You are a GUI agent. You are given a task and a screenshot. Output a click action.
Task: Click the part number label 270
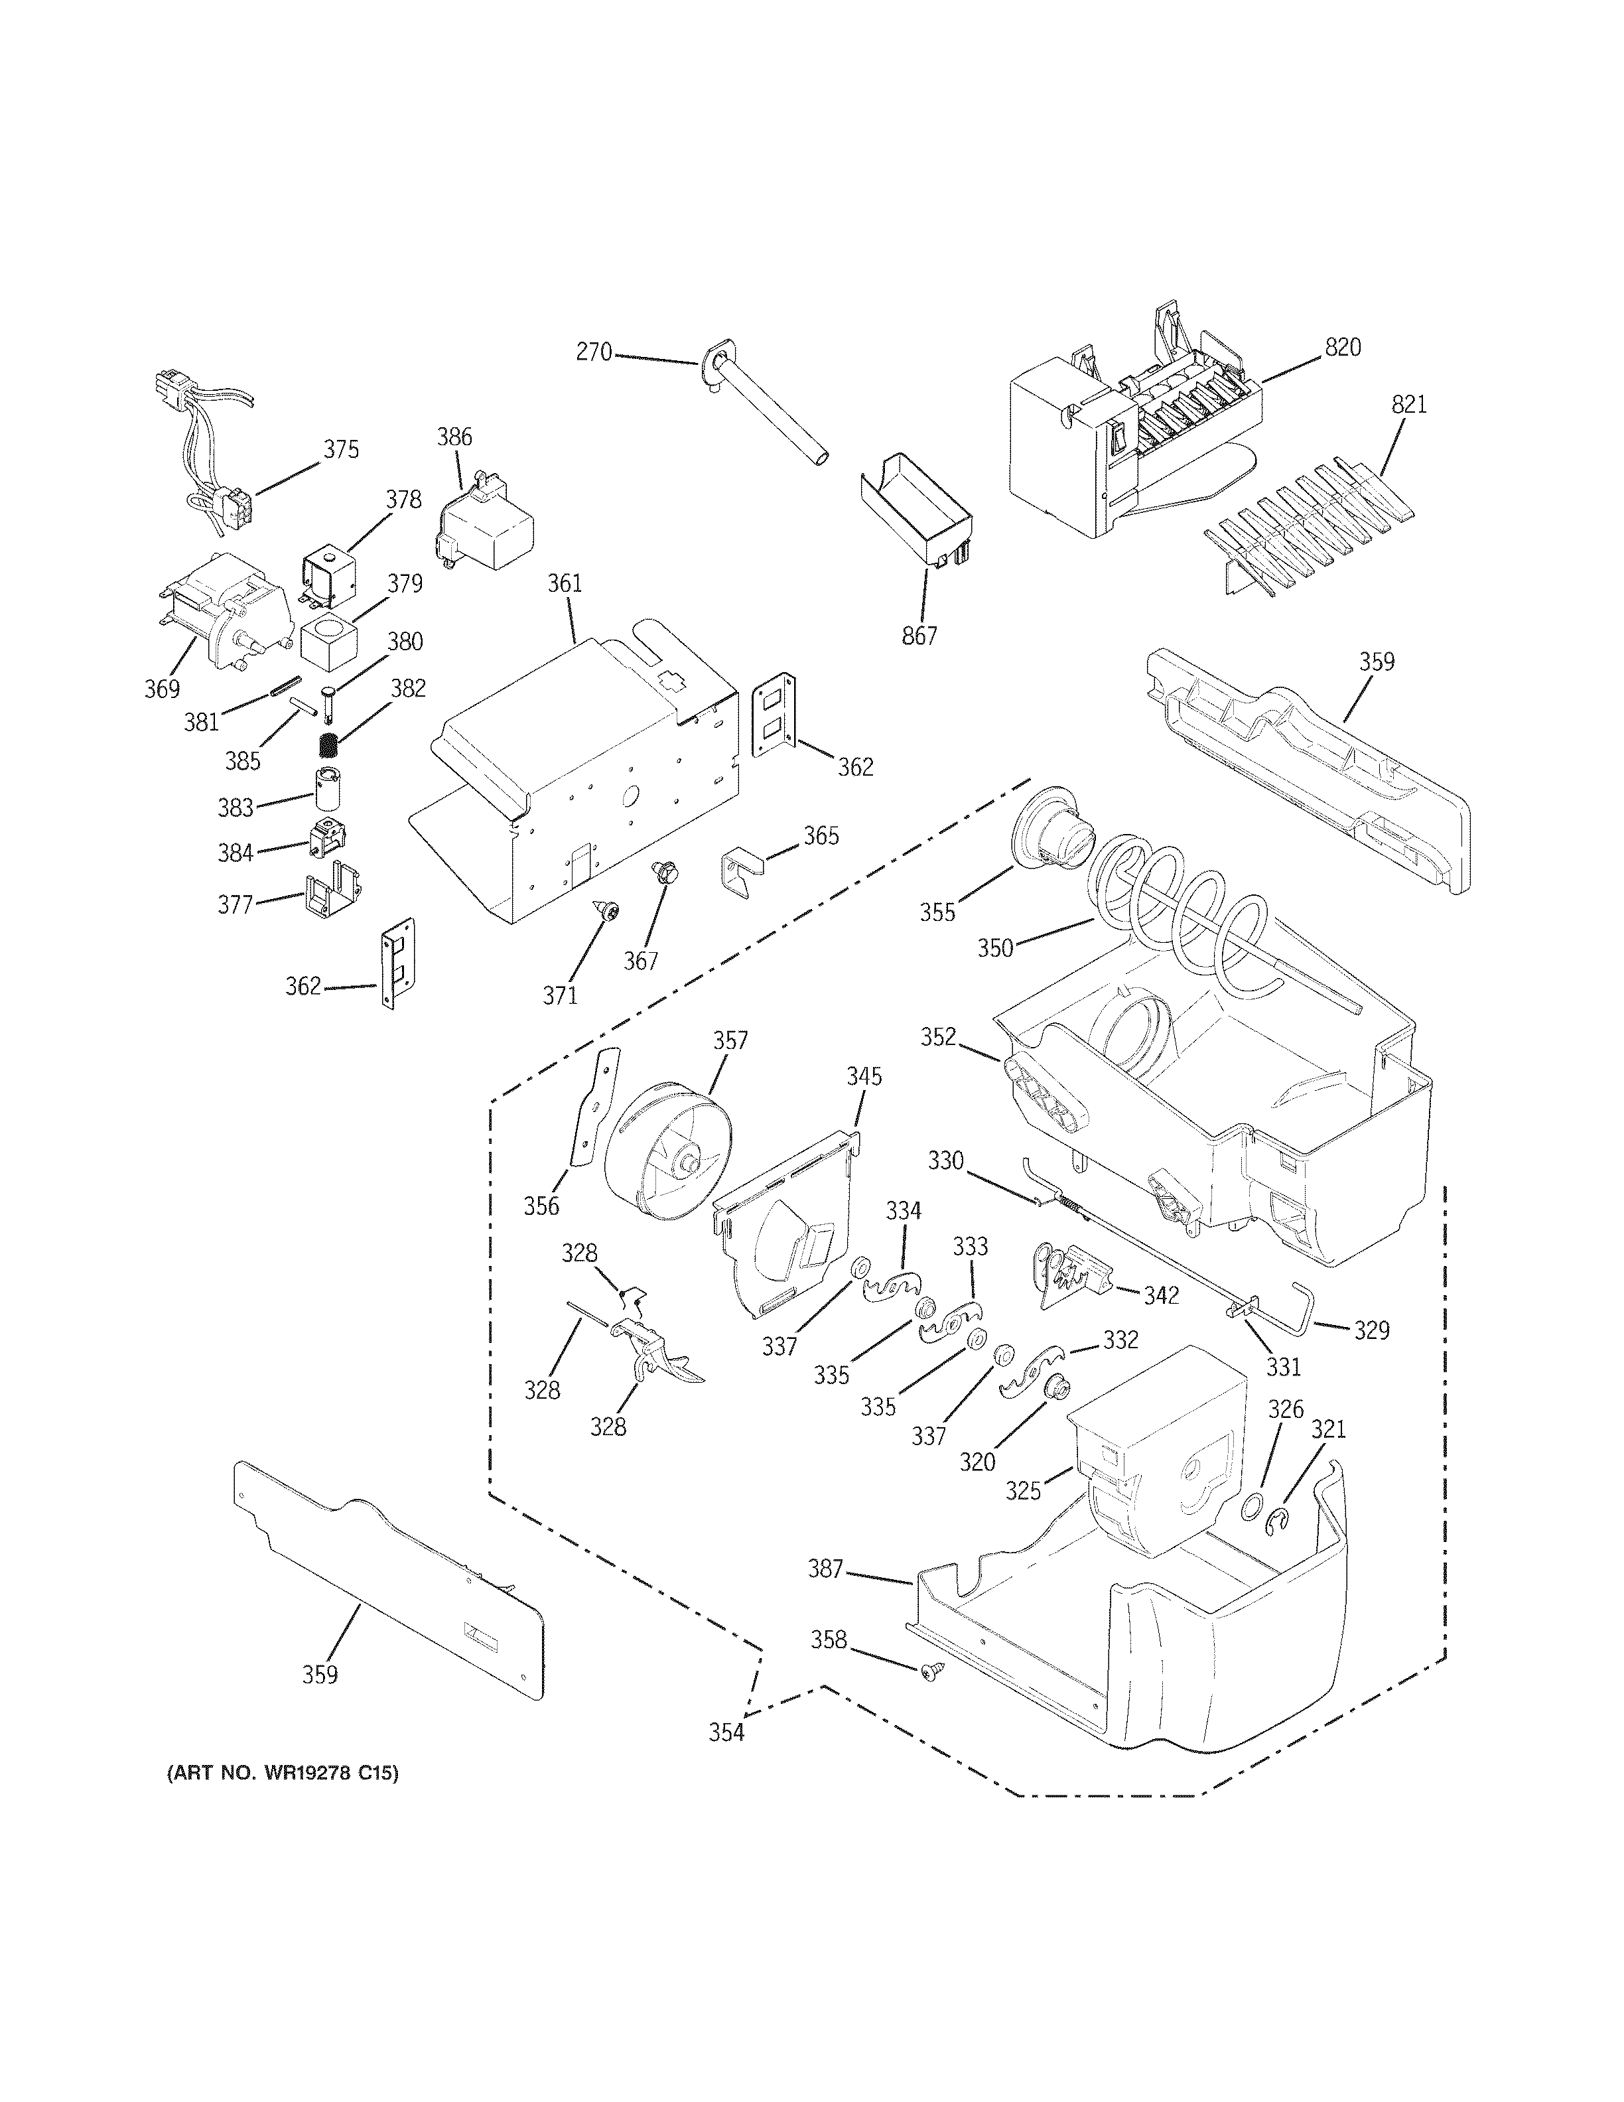[594, 353]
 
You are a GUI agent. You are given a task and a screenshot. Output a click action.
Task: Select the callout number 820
[1343, 348]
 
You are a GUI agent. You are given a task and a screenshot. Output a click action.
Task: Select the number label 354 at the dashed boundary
[726, 1732]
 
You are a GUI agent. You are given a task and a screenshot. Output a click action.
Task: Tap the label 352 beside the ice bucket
[938, 1036]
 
